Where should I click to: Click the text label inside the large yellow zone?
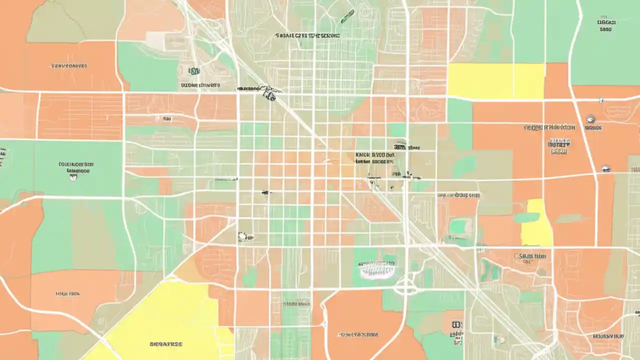click(166, 344)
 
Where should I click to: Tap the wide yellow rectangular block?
click(495, 80)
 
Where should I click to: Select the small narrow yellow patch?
click(536, 223)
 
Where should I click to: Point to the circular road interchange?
click(405, 287)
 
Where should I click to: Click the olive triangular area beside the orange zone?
click(55, 22)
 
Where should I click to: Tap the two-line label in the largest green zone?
click(76, 167)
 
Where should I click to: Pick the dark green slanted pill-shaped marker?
click(347, 17)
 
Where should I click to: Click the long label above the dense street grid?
click(307, 35)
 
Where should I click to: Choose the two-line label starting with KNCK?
click(374, 158)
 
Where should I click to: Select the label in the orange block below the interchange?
click(358, 334)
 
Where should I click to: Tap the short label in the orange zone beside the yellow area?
click(593, 128)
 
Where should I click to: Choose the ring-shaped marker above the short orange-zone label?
click(590, 119)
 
